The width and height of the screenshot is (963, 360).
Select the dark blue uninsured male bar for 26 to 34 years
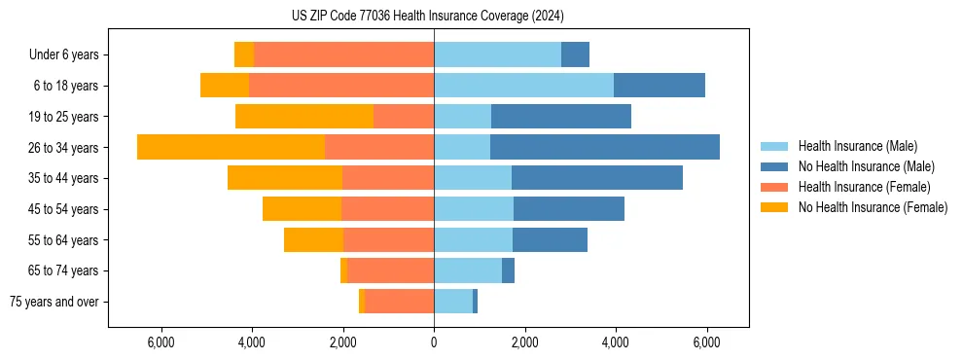604,147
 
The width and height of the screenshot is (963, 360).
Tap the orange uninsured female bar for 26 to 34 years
231,147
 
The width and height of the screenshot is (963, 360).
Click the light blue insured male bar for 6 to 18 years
523,86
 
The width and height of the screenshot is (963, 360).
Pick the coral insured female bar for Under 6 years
343,54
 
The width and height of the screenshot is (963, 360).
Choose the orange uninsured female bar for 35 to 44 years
284,178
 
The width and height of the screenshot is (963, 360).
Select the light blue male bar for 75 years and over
453,302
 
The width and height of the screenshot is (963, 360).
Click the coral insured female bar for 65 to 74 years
390,270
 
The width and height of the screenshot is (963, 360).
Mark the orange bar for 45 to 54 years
302,209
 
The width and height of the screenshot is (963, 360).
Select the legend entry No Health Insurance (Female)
873,207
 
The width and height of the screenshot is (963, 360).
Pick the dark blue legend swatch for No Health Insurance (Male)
774,166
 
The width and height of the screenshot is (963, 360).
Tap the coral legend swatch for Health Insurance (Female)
774,187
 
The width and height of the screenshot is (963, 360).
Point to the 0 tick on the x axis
434,342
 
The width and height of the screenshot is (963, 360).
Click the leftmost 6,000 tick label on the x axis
160,342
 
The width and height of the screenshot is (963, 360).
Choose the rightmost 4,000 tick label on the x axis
615,342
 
